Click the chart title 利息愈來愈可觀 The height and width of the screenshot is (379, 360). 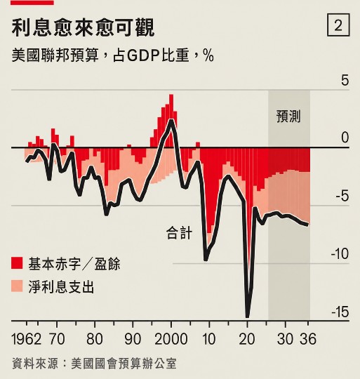click(x=83, y=28)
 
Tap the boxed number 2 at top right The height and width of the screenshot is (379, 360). click(x=338, y=25)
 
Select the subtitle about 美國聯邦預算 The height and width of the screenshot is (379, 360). click(x=112, y=55)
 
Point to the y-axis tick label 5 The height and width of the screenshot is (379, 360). click(x=345, y=80)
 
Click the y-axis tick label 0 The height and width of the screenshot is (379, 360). click(x=345, y=138)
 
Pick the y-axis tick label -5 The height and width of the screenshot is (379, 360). click(x=342, y=196)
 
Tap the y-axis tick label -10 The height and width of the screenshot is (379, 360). click(x=340, y=254)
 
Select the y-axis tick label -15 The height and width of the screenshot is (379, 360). click(x=340, y=312)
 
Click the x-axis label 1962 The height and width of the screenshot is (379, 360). click(x=27, y=339)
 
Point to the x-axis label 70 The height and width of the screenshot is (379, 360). click(x=57, y=339)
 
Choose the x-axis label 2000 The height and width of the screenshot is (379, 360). click(x=171, y=339)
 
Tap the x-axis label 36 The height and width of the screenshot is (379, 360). click(x=308, y=339)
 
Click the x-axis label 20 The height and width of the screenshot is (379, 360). click(x=247, y=339)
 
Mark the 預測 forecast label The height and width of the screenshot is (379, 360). click(x=288, y=117)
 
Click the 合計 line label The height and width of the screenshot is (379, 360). click(x=179, y=233)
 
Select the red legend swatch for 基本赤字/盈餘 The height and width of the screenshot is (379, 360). click(x=17, y=263)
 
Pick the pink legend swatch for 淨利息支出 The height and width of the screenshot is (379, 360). click(x=17, y=286)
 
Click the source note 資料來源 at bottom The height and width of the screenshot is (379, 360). click(x=94, y=364)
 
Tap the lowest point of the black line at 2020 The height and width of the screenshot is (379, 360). click(x=247, y=317)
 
